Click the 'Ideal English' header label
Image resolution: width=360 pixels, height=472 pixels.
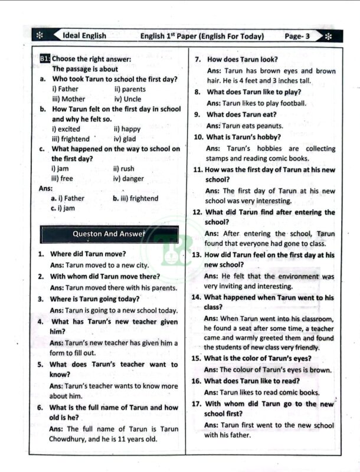(x=84, y=35)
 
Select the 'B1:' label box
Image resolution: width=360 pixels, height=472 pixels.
(x=45, y=59)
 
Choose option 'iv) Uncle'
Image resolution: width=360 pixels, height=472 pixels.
(x=127, y=99)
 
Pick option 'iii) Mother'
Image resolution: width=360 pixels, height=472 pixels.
(x=68, y=99)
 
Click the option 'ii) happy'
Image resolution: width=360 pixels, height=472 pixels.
(x=127, y=129)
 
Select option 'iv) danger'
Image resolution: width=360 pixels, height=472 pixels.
(x=128, y=178)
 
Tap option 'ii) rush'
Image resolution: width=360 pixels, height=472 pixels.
(x=123, y=168)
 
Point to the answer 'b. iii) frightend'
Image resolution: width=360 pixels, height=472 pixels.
(x=135, y=198)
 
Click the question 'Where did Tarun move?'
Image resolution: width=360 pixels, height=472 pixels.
(x=87, y=254)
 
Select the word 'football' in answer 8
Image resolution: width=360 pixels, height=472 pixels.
(x=292, y=103)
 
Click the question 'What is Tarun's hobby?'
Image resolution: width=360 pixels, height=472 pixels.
(x=244, y=137)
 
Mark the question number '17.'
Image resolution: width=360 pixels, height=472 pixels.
(x=197, y=404)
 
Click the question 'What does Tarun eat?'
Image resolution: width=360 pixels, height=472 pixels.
(x=243, y=114)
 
